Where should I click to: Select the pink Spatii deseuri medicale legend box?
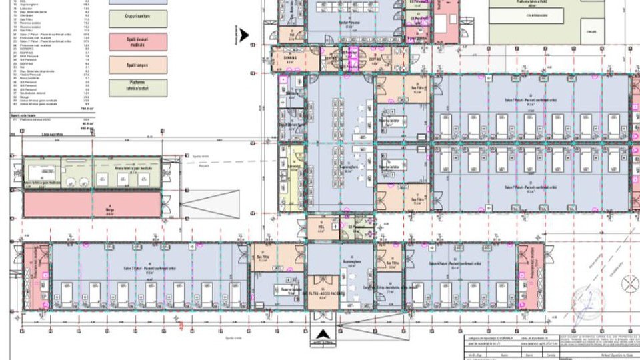[x=137, y=41]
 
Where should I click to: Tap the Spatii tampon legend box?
[x=137, y=64]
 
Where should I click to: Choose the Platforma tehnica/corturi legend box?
[x=137, y=87]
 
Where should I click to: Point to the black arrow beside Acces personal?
[x=245, y=35]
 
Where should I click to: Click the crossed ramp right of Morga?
[x=209, y=203]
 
